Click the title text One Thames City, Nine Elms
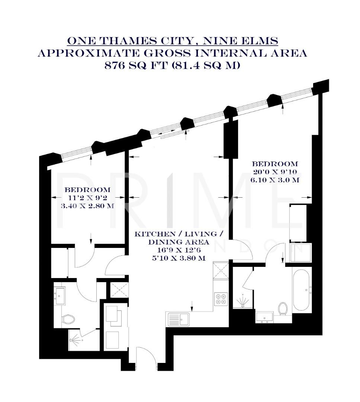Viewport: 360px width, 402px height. tap(172, 41)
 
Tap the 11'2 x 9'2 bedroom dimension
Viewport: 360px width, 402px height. tap(87, 197)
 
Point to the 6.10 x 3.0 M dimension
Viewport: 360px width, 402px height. tap(275, 180)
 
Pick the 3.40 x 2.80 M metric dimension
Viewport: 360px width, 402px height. tap(87, 205)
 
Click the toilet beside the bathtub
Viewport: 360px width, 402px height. tap(283, 308)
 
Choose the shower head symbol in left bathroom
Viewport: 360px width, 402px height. tap(74, 340)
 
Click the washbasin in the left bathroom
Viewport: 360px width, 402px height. tap(60, 294)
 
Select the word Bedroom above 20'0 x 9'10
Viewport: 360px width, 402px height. tap(275, 164)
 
